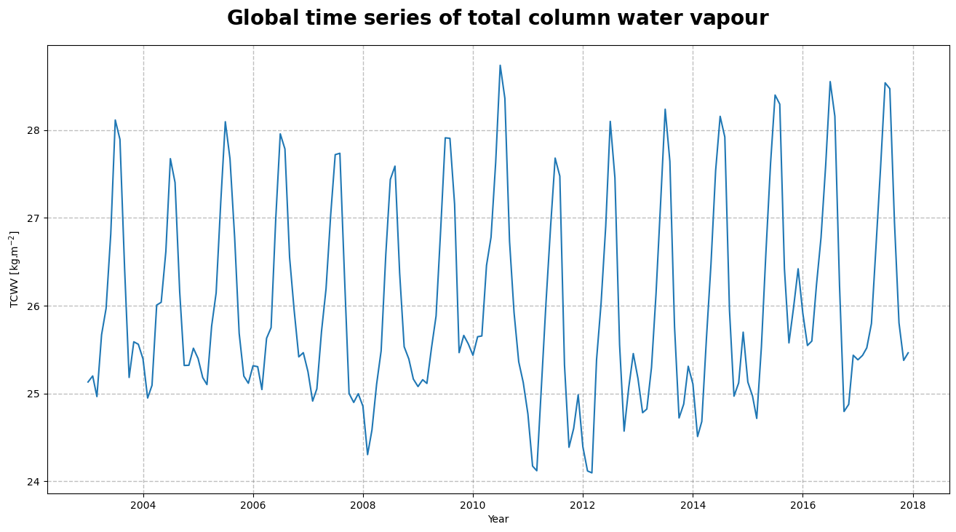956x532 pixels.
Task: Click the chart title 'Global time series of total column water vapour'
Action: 497,18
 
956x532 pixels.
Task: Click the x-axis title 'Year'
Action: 498,520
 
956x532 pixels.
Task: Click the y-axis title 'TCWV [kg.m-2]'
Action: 14,269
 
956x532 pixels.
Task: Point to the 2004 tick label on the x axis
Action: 143,505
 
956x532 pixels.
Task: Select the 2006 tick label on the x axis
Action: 253,505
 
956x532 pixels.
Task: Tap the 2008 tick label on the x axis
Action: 363,505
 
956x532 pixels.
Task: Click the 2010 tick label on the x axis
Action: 473,505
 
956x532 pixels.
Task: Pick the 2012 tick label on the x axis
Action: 583,505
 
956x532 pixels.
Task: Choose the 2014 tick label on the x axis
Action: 693,505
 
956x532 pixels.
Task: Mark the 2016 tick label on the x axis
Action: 802,505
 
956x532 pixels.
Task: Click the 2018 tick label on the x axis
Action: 912,505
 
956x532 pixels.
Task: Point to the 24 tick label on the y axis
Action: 36,482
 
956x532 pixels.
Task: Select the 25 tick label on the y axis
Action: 36,394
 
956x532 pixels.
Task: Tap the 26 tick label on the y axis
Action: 36,306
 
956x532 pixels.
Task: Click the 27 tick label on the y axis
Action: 36,218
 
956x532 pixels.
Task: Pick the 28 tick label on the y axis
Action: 36,130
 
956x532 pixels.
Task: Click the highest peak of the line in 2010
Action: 500,65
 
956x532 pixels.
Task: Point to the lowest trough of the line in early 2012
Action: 591,473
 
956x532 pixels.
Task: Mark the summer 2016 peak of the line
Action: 830,82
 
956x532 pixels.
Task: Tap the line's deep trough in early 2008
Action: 367,455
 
